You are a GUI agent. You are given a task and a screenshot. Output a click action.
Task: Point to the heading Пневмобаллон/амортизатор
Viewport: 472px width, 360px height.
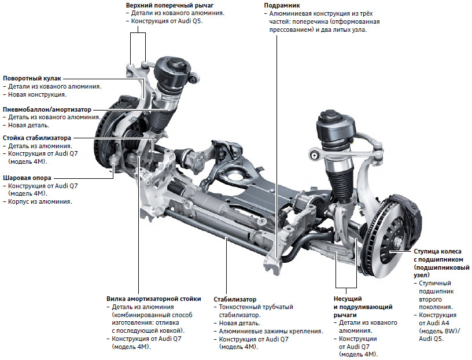[46, 109]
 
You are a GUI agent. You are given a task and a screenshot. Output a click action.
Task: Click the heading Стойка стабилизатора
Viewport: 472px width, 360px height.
[37, 139]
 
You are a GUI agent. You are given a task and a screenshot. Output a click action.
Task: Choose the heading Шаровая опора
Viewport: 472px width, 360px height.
[27, 178]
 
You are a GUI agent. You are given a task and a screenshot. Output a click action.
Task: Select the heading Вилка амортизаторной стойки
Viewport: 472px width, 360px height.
[154, 299]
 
